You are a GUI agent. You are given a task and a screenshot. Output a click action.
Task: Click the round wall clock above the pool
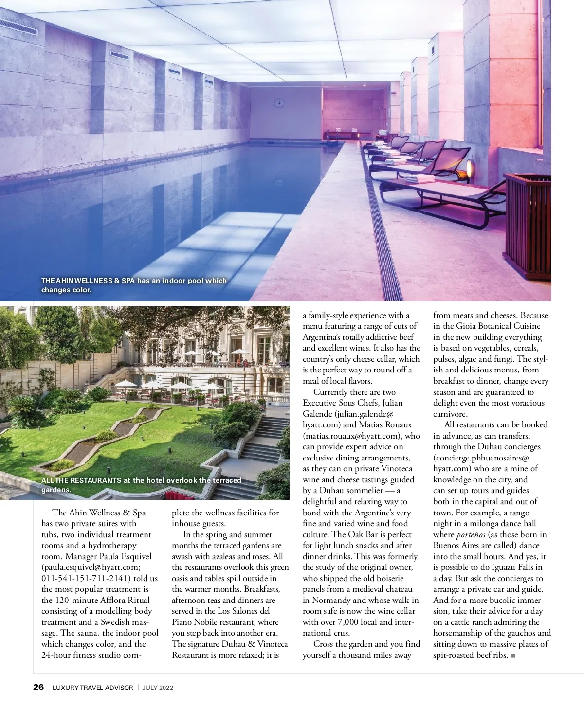coord(279,103)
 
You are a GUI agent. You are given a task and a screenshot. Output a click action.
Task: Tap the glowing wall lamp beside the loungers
coord(469,168)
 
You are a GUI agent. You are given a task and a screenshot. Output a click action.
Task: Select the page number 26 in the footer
coord(38,687)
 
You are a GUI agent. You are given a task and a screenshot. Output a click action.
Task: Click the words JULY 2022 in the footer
coord(158,688)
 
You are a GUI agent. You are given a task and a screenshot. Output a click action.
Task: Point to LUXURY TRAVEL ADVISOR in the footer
coord(92,688)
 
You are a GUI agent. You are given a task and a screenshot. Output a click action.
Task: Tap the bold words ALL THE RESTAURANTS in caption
coord(81,480)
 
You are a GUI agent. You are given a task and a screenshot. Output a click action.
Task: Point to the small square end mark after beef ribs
coord(513,655)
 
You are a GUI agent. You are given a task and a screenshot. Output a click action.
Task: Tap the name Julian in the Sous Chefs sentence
coord(392,403)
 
